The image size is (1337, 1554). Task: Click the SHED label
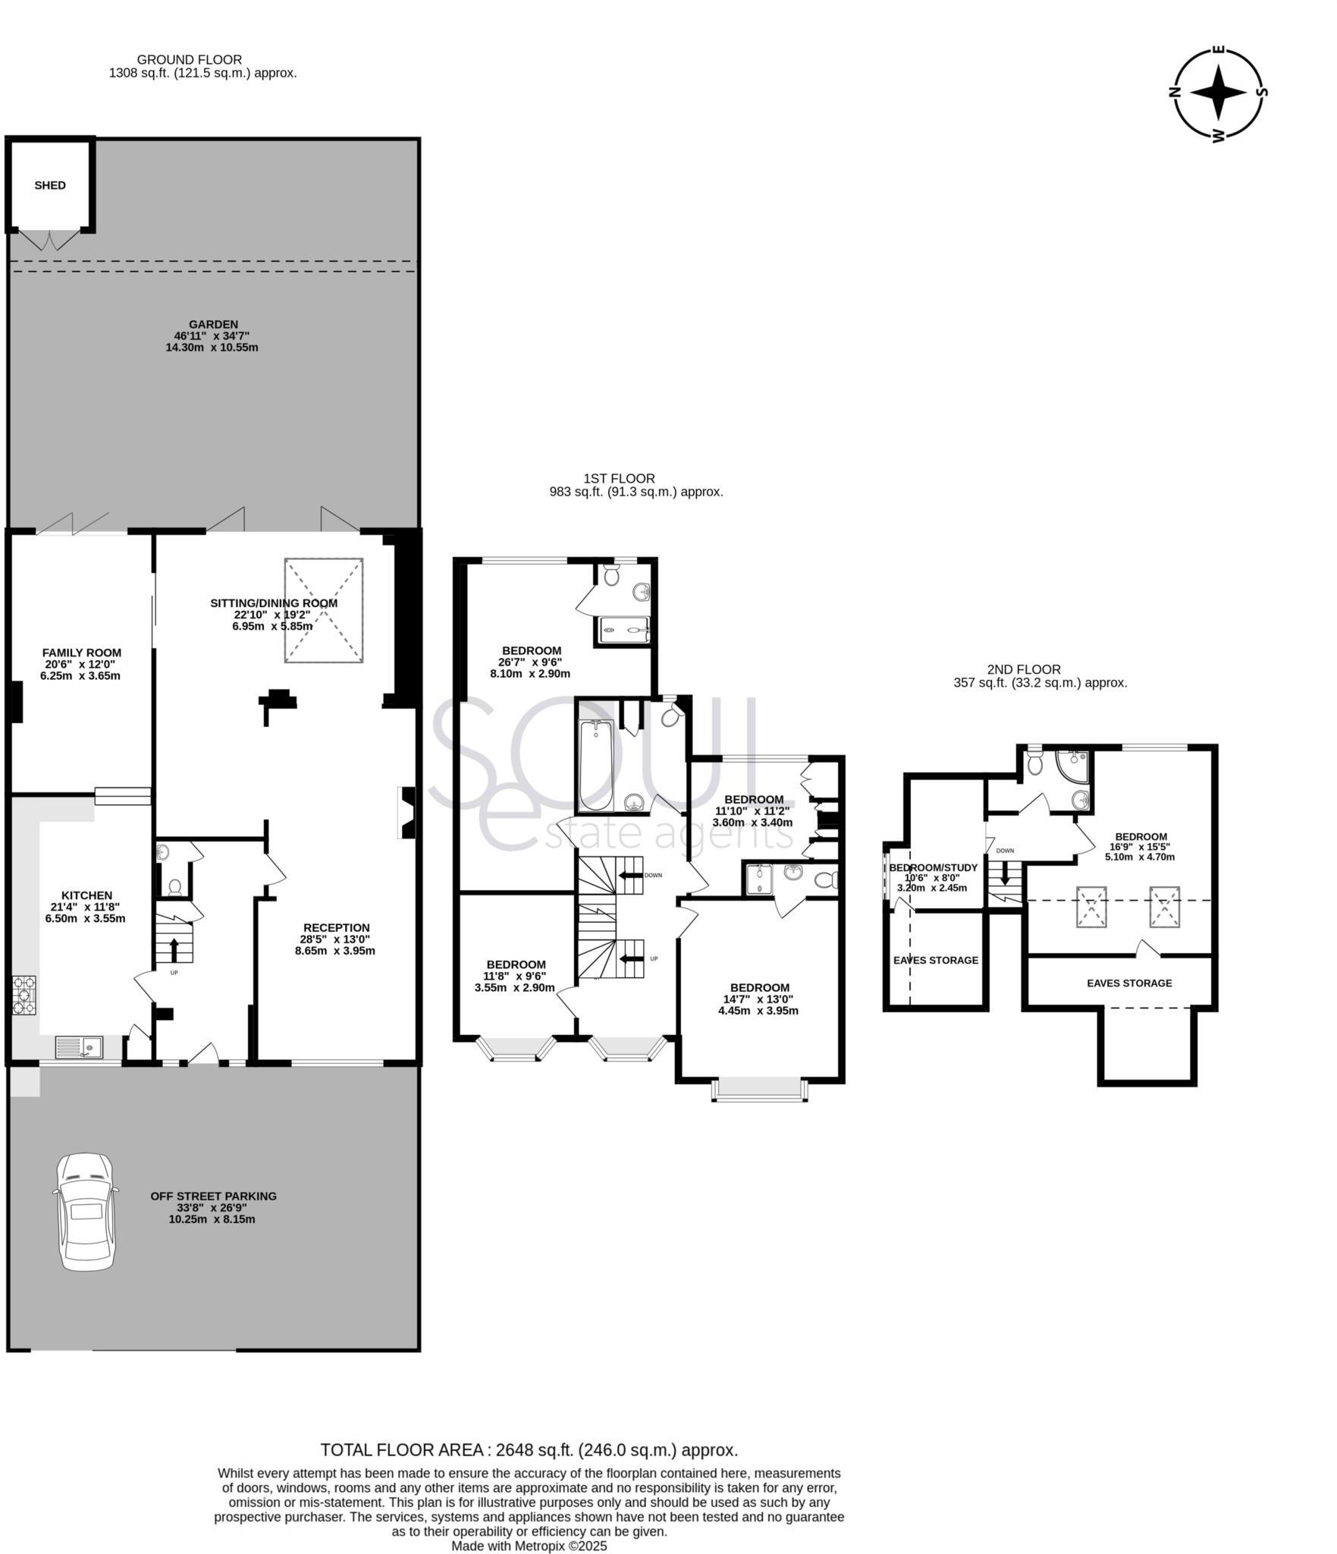(50, 185)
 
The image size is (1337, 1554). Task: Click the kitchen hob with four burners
(24, 995)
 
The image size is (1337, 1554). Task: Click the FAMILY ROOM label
(81, 653)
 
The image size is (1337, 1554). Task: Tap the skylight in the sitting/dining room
(324, 610)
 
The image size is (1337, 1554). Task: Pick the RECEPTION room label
(336, 927)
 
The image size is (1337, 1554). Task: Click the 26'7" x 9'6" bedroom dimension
(530, 662)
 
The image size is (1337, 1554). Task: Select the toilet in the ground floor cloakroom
(174, 886)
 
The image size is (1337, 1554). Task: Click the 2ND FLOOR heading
(1023, 669)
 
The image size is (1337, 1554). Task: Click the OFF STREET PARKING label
(213, 1196)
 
